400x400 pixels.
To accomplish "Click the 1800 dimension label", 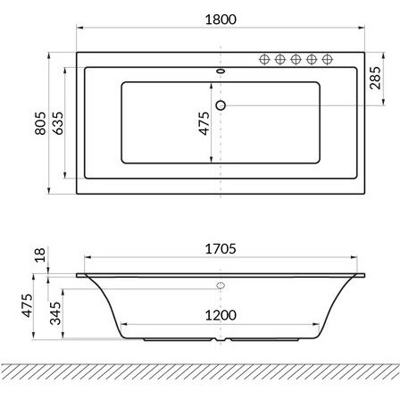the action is pyautogui.click(x=221, y=20).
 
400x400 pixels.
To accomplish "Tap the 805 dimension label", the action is pyautogui.click(x=40, y=123).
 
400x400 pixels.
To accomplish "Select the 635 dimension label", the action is pyautogui.click(x=58, y=123).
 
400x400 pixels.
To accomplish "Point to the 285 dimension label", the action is pyautogui.click(x=375, y=78).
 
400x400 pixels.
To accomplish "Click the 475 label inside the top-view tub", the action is pyautogui.click(x=204, y=123).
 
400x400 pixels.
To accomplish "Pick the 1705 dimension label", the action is pyautogui.click(x=221, y=249).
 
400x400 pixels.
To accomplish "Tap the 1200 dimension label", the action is pyautogui.click(x=221, y=315).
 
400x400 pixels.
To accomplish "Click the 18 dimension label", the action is pyautogui.click(x=40, y=255).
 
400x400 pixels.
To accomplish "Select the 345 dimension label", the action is pyautogui.click(x=55, y=313).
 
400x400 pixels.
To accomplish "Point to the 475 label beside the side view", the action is pyautogui.click(x=27, y=305).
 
